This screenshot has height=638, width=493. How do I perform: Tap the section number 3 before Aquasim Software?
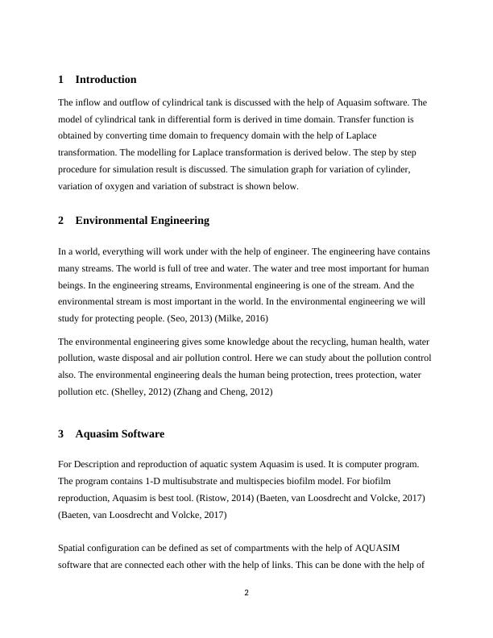point(61,434)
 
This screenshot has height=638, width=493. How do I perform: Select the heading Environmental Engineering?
point(142,220)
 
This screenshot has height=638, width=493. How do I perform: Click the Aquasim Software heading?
point(119,434)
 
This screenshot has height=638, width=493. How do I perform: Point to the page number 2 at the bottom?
point(246,594)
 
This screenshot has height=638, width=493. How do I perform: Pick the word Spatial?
point(73,549)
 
